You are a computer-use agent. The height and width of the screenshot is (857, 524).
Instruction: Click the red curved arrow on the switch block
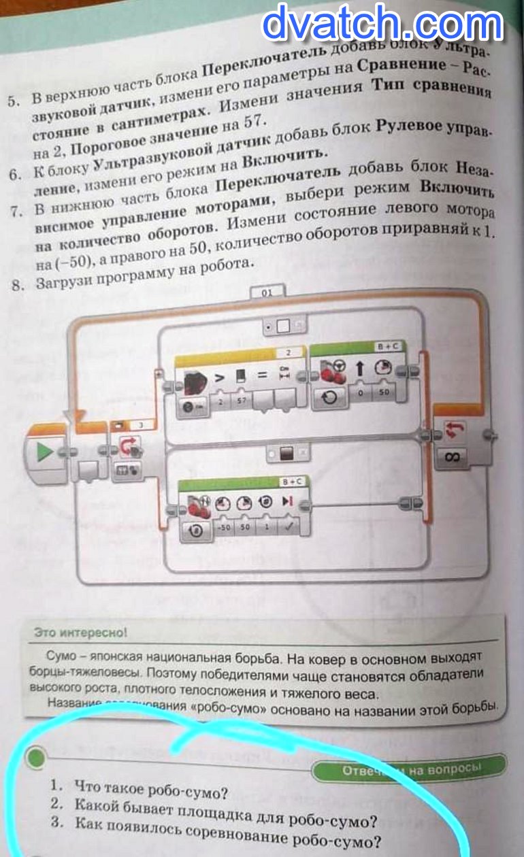pos(127,446)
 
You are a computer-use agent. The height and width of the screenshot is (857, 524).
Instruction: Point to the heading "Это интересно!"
pos(80,633)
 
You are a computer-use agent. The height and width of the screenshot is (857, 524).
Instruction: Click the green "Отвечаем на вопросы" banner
pos(411,769)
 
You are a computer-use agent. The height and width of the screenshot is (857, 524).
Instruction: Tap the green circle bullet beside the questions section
pos(35,756)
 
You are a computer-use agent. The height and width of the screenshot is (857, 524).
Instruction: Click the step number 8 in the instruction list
pos(18,284)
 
